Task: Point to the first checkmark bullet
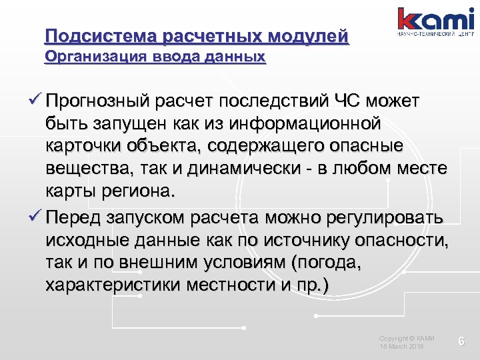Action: click(x=36, y=101)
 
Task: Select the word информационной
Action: click(x=307, y=124)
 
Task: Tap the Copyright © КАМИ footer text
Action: click(x=407, y=339)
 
